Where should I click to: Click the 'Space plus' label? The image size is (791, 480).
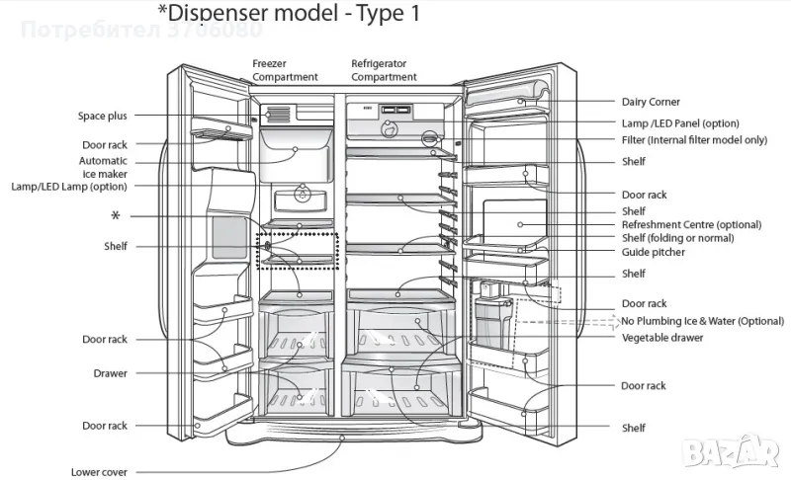pos(103,116)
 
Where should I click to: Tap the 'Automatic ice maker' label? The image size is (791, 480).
pos(103,167)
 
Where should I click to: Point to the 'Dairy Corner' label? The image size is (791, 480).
pos(650,102)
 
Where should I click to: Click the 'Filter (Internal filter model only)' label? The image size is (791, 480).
pos(693,140)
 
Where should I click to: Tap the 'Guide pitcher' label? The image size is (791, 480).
pos(654,253)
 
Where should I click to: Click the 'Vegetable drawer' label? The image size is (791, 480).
pos(662,338)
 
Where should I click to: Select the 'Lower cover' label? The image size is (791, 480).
pos(99,472)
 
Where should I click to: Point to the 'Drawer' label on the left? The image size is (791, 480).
pos(110,373)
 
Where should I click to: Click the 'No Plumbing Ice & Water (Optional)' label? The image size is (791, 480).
pos(702,321)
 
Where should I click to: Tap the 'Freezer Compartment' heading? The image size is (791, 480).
pos(285,70)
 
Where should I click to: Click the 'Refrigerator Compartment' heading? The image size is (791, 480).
pos(385,70)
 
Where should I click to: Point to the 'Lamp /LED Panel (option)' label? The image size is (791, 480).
pos(680,123)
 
